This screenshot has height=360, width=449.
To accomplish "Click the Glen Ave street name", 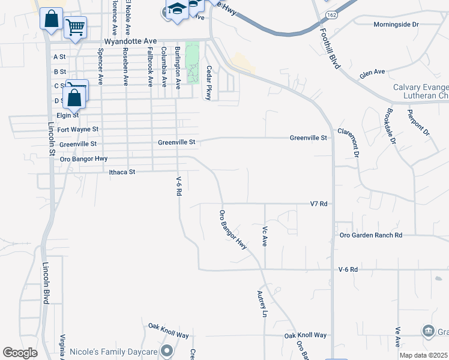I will coord(372,73).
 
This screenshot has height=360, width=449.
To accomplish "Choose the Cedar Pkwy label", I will coord(209,83).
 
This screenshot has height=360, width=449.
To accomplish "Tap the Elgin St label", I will coord(68,115).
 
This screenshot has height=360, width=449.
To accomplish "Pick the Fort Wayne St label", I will coord(78,129).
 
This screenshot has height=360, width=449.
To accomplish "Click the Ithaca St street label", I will coord(123,172).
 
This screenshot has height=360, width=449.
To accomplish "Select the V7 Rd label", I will coord(319,204).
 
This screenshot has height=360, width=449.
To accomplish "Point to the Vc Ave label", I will coord(264,236).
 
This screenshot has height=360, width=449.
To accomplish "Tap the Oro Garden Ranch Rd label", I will coord(370,235).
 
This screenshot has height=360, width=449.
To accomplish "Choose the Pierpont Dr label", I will coord(419,122).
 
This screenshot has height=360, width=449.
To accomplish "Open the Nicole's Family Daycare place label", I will coord(114,352).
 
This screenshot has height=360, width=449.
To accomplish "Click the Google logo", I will coord(20,353).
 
